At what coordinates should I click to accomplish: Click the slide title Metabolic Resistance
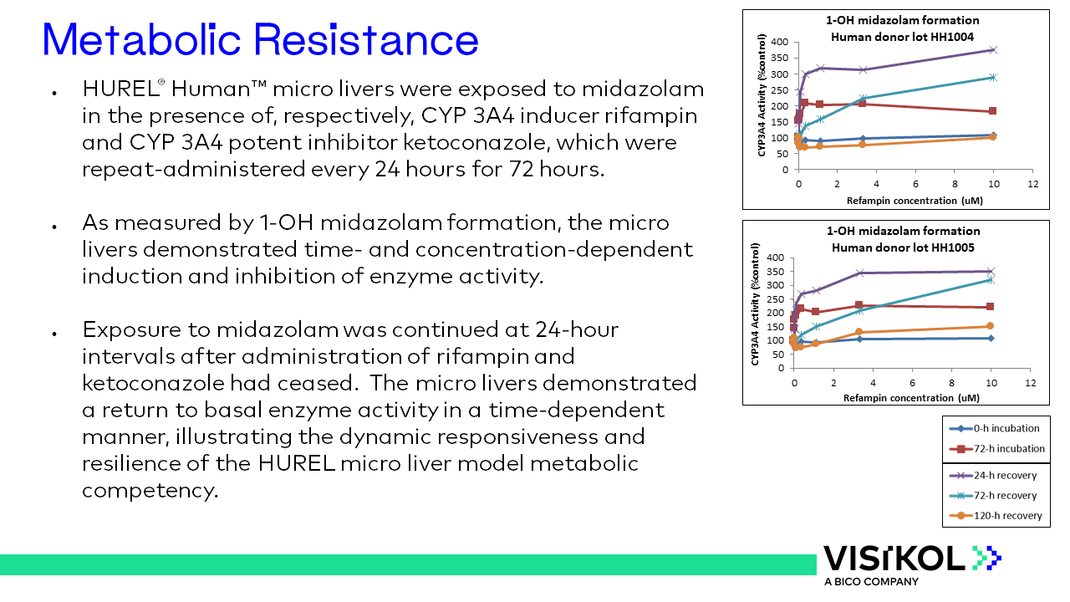[260, 39]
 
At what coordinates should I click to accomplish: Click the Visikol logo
[911, 558]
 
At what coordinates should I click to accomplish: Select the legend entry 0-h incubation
[1006, 428]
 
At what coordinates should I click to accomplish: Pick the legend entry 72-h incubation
[1008, 449]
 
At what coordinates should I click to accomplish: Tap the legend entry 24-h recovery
[1005, 476]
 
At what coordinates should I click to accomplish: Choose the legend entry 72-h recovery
[1005, 496]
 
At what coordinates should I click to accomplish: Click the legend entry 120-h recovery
[1007, 516]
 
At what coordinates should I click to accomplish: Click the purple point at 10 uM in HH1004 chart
[992, 50]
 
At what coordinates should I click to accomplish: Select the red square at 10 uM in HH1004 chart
[992, 111]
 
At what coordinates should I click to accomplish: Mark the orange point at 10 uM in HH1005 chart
[990, 326]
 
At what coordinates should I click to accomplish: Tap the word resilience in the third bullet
[133, 462]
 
